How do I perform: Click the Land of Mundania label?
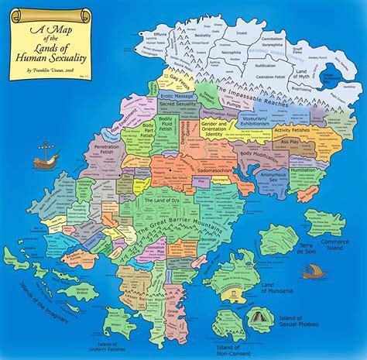point(280,289)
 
